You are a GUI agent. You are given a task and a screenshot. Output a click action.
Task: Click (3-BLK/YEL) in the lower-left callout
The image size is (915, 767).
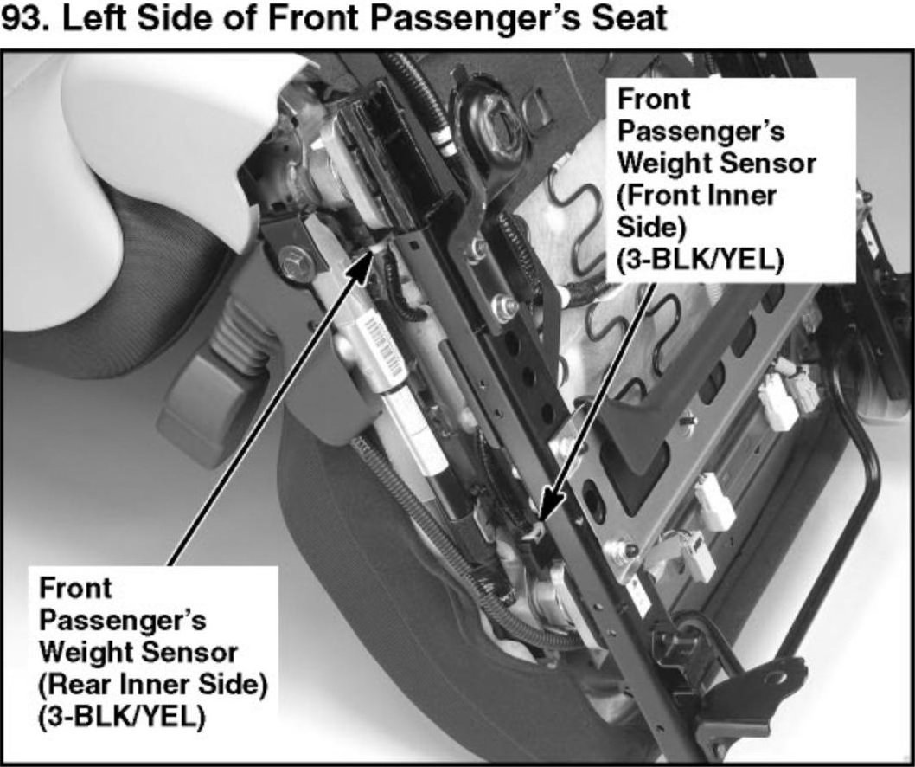pyautogui.click(x=122, y=717)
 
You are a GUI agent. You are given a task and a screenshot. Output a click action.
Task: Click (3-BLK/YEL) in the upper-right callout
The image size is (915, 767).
pyautogui.click(x=701, y=260)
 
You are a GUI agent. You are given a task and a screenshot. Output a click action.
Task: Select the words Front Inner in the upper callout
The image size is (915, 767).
pyautogui.click(x=697, y=196)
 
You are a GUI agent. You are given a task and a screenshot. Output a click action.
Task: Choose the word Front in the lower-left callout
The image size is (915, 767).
pyautogui.click(x=75, y=589)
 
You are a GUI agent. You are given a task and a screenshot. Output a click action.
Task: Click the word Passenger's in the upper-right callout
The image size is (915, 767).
pyautogui.click(x=701, y=132)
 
